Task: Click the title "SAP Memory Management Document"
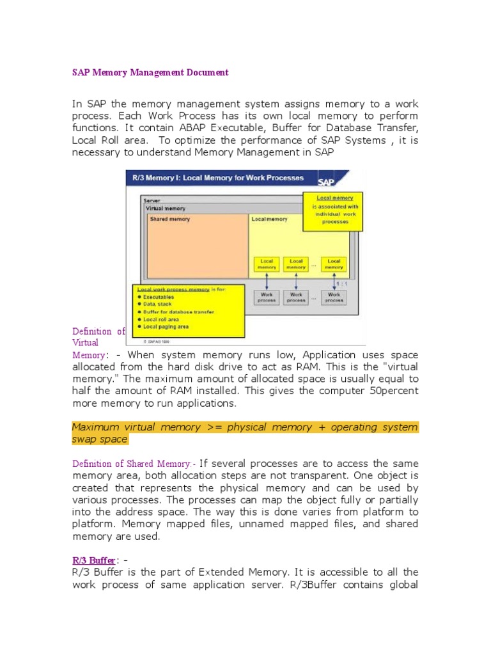point(150,72)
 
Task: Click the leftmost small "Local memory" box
point(266,264)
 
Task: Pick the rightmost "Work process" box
point(334,297)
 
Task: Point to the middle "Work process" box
point(296,297)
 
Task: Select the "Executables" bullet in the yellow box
point(158,297)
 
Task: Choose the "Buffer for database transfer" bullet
point(178,312)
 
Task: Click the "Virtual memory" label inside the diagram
point(166,209)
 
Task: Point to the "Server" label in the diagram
point(152,201)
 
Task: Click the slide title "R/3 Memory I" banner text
point(218,177)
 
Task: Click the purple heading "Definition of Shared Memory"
point(131,463)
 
